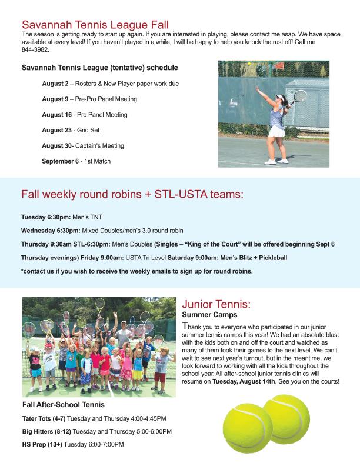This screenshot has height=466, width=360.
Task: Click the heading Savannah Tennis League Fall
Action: [95, 25]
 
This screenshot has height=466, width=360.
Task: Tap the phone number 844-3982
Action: [35, 49]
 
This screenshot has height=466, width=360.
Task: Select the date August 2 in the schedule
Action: [54, 84]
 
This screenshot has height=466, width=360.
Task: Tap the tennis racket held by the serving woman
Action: [299, 96]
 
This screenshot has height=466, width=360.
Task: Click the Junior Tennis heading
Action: [216, 305]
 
